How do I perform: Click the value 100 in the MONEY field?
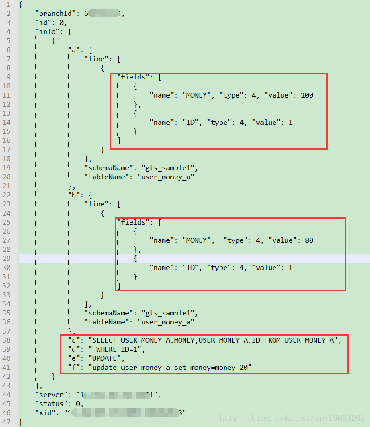pyautogui.click(x=307, y=95)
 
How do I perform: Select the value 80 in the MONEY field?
pyautogui.click(x=309, y=240)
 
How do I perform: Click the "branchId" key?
pyautogui.click(x=57, y=14)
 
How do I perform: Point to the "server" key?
pyautogui.click(x=51, y=395)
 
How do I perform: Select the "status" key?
pyautogui.click(x=51, y=404)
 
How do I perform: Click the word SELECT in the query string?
pyautogui.click(x=105, y=340)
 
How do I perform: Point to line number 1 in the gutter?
pyautogui.click(x=9, y=5)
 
